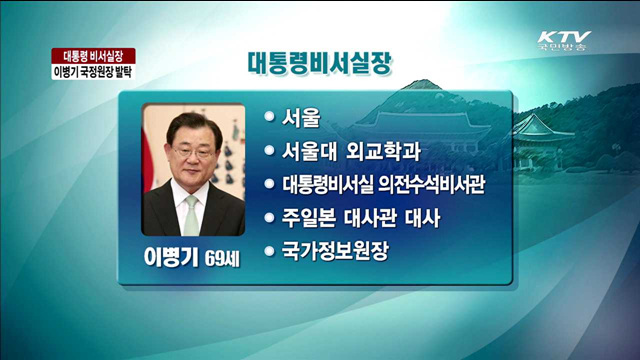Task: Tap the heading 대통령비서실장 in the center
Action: [319, 62]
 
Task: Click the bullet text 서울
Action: [301, 119]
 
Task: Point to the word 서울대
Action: [312, 152]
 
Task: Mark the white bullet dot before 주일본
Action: [268, 217]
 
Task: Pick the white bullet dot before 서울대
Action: [268, 152]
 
